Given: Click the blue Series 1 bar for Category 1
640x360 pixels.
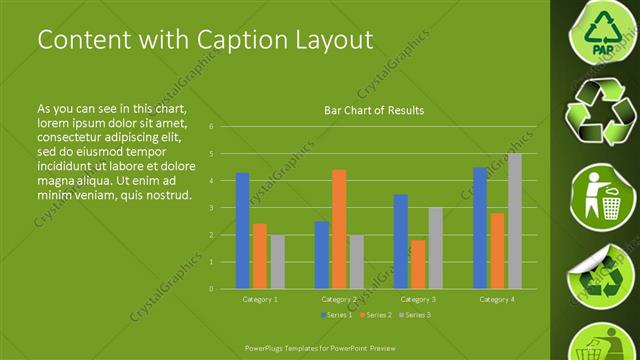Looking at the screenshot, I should coord(242,231).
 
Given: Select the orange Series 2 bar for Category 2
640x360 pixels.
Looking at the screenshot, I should coord(339,229).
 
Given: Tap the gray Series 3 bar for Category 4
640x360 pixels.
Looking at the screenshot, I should coord(515,221).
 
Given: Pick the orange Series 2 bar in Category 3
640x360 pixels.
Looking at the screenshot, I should coord(418,264).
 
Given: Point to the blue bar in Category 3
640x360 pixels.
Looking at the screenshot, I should coord(400,241).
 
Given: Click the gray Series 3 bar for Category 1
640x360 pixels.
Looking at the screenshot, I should coord(277,262).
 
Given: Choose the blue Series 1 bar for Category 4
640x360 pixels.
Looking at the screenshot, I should coord(480,228).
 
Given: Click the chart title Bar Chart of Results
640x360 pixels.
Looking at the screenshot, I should coord(374,110).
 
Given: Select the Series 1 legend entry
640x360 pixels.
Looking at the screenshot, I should coord(336,315).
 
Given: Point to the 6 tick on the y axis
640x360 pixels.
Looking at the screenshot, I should coord(211,127).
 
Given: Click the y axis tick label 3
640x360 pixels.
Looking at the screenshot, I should coord(211,208).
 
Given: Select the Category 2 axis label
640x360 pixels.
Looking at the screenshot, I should coord(339,299).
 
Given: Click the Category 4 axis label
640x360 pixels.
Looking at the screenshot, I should coord(497,299).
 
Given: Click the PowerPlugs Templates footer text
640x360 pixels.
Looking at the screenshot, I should coord(320,348).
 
